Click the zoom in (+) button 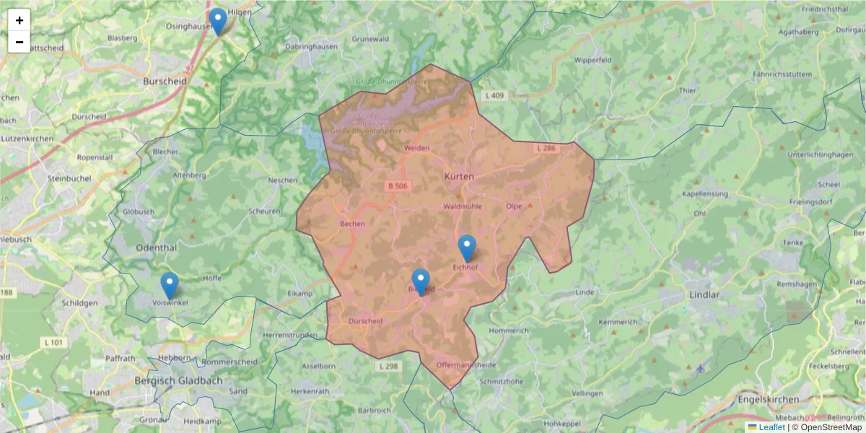pyautogui.click(x=19, y=20)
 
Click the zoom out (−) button pyautogui.click(x=19, y=42)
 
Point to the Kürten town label pyautogui.click(x=459, y=177)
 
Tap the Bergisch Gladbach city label pyautogui.click(x=178, y=380)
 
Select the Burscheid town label pyautogui.click(x=165, y=82)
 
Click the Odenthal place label pyautogui.click(x=156, y=248)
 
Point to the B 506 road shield pyautogui.click(x=398, y=186)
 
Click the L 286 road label pyautogui.click(x=546, y=148)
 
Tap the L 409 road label pyautogui.click(x=495, y=95)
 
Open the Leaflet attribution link pyautogui.click(x=771, y=427)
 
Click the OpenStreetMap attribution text pyautogui.click(x=826, y=427)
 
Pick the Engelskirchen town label pyautogui.click(x=768, y=400)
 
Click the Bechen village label pyautogui.click(x=352, y=224)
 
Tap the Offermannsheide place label pyautogui.click(x=466, y=365)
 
